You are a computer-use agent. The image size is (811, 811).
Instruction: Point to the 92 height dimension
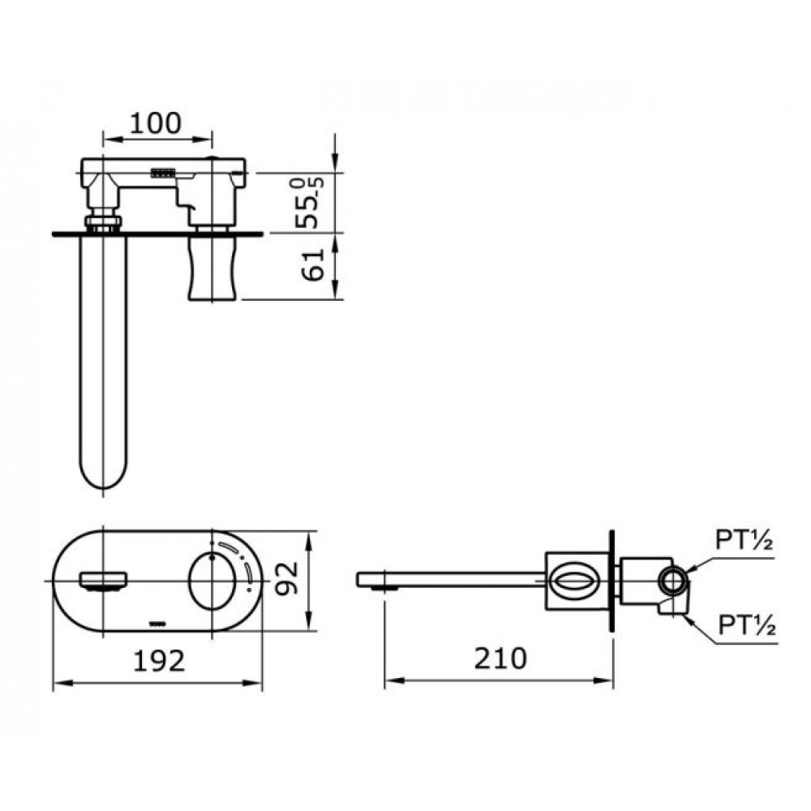tap(288, 579)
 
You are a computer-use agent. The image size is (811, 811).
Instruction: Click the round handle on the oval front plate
tap(214, 581)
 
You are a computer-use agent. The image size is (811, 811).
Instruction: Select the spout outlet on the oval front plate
tap(103, 581)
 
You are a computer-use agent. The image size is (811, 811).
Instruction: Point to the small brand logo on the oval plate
tap(159, 623)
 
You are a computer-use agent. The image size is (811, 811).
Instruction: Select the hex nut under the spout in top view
tap(103, 221)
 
